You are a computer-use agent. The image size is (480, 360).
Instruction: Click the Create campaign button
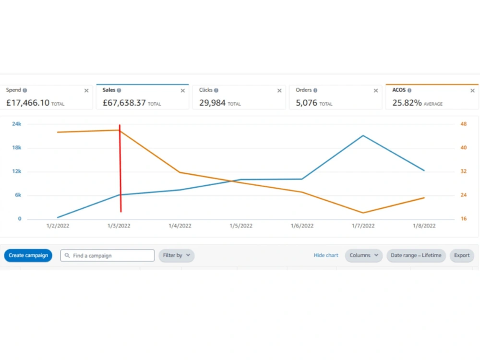[x=28, y=255]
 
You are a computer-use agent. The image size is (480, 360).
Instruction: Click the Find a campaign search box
[x=108, y=255]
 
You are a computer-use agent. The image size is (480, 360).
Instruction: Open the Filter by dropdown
[x=176, y=255]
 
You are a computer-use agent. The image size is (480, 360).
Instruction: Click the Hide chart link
[x=326, y=255]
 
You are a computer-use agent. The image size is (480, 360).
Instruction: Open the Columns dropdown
[x=364, y=255]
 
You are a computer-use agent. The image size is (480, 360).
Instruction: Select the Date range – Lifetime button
[x=416, y=255]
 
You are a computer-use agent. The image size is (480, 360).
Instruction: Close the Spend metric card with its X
[x=86, y=91]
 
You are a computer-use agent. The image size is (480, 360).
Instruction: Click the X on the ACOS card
[x=472, y=91]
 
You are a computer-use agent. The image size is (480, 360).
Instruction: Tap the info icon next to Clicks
[x=216, y=90]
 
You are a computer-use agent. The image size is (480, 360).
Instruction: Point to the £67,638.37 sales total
[x=124, y=103]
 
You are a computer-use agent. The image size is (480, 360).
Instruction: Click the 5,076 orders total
[x=306, y=103]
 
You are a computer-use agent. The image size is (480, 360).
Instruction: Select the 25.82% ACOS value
[x=407, y=103]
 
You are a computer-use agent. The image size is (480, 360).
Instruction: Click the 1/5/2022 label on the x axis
[x=241, y=226]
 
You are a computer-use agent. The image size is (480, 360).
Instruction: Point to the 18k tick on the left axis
[x=16, y=147]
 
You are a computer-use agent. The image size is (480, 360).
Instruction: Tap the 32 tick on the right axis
[x=464, y=171]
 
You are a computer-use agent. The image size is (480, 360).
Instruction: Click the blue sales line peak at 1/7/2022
[x=363, y=136]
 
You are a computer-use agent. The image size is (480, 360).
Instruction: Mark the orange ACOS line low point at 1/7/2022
[x=363, y=213]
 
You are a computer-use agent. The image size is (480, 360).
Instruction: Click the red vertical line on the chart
[x=120, y=168]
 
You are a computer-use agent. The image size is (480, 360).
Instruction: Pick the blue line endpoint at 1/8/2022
[x=424, y=170]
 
